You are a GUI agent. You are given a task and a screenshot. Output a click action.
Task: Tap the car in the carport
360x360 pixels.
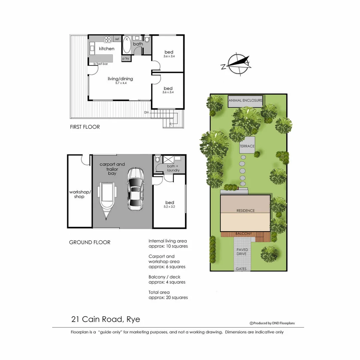tap(135, 189)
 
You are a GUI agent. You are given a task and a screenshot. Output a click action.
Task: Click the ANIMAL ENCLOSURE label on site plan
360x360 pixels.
tap(245, 100)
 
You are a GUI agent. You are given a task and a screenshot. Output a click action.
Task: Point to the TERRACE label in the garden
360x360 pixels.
tap(247, 146)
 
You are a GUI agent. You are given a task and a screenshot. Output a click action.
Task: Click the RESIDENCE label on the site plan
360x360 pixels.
tap(245, 211)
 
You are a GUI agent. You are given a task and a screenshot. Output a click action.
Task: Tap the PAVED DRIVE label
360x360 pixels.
tap(242, 252)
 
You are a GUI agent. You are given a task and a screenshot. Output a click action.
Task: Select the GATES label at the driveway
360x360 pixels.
tap(241, 269)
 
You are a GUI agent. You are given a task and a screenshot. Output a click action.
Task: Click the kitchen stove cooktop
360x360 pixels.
tap(108, 40)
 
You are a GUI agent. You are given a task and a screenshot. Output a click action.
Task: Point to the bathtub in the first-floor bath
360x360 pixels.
tap(127, 45)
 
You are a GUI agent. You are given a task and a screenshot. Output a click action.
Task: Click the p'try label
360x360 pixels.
tap(126, 59)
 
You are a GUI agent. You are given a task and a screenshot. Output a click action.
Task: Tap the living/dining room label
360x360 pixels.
tap(120, 79)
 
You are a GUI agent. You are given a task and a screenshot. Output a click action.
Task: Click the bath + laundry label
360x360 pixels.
tap(173, 168)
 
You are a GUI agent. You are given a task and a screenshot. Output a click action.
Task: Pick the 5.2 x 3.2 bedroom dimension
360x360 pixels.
tap(169, 207)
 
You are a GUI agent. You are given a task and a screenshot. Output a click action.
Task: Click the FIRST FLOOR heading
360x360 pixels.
tap(85, 127)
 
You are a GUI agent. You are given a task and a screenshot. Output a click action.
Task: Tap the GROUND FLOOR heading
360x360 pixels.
tap(90, 242)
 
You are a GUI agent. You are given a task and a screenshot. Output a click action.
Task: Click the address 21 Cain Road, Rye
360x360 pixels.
tap(106, 319)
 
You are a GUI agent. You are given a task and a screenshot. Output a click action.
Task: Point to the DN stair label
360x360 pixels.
tap(146, 112)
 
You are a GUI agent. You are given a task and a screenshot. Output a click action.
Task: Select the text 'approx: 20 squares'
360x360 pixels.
tap(168, 297)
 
